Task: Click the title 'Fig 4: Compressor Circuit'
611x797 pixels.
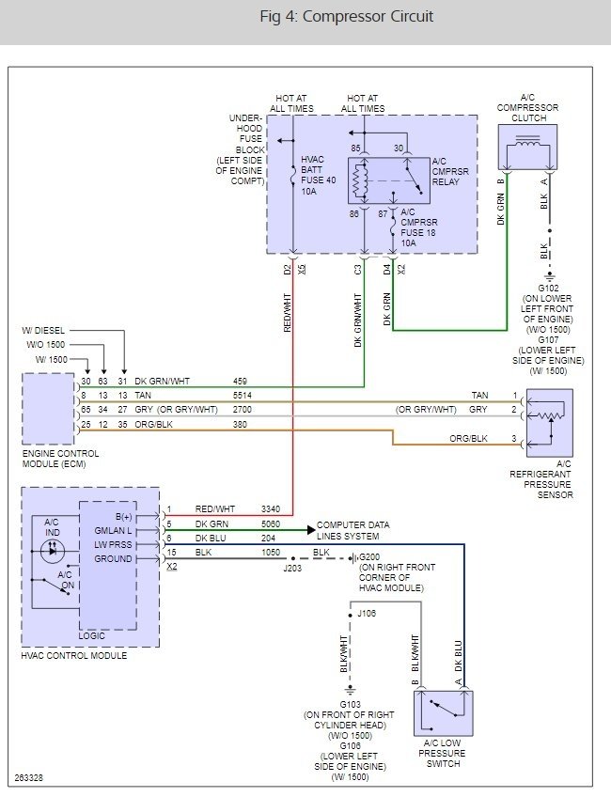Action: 346,17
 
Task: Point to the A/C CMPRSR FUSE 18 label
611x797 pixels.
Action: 421,226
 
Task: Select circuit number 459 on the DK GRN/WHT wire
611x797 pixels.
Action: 242,381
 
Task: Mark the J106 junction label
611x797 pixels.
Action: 367,613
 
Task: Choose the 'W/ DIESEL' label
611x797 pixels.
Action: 44,331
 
